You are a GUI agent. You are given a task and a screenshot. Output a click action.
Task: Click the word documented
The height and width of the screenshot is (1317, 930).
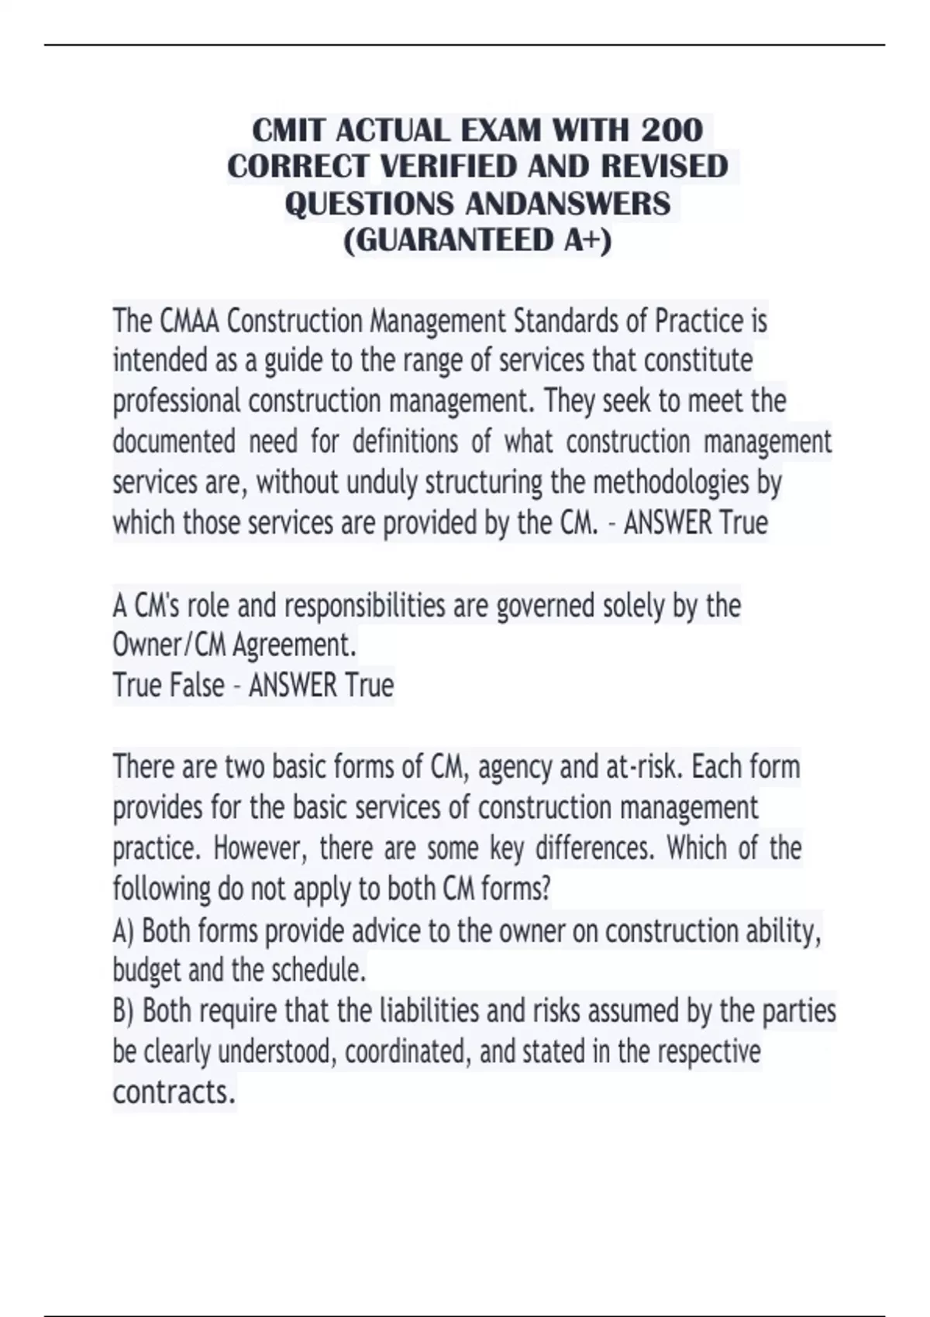coord(174,442)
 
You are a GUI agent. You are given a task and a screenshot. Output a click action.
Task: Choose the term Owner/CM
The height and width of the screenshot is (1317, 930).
coord(169,645)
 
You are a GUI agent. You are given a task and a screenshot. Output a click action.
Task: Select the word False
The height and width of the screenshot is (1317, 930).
coord(198,686)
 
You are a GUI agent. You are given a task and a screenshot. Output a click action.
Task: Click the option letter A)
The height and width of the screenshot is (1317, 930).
coord(124,930)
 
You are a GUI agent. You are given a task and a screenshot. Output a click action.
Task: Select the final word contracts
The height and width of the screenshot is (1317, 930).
coord(174,1092)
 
